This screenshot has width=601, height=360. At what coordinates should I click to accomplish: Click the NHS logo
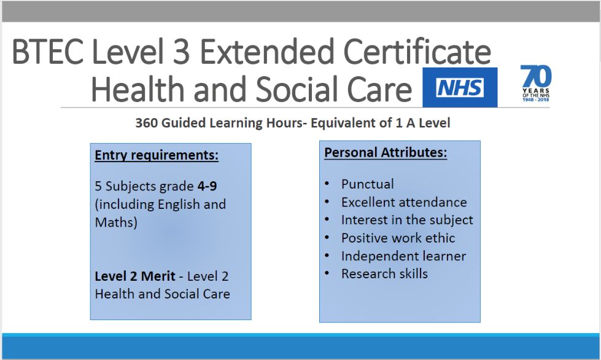tap(460, 87)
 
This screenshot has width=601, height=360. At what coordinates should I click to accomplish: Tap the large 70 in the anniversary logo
tap(536, 76)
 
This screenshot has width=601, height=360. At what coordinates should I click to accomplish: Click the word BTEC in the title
tap(47, 52)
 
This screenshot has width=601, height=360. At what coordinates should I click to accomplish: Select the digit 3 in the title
tap(181, 52)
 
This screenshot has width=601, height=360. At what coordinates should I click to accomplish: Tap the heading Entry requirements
tap(157, 155)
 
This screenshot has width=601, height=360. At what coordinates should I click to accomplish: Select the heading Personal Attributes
tap(386, 152)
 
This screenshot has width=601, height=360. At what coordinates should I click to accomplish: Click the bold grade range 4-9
tap(207, 186)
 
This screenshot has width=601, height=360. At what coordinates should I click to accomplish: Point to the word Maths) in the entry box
tap(116, 222)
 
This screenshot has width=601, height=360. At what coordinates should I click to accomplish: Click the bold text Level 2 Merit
tap(135, 276)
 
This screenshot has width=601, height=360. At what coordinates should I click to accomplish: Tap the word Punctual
tap(368, 184)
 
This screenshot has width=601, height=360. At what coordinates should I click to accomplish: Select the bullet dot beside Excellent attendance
tap(327, 202)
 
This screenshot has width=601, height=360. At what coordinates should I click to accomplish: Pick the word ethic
tap(440, 238)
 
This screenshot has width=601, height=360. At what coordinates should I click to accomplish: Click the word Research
tap(368, 274)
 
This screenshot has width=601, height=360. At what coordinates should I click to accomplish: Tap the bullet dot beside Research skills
tap(327, 273)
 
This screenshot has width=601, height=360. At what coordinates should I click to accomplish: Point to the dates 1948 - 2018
tap(536, 100)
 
